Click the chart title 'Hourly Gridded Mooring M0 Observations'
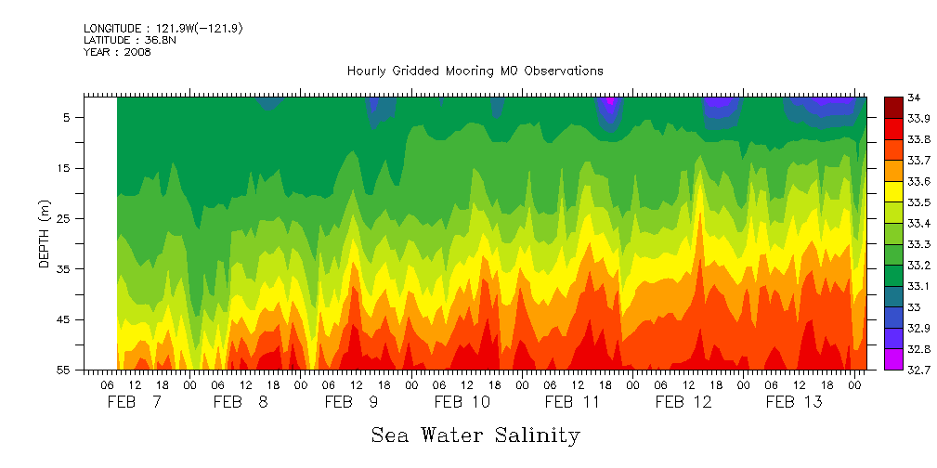[x=475, y=71]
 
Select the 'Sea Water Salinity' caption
[x=475, y=435]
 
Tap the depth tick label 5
[x=69, y=118]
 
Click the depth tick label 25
[x=66, y=219]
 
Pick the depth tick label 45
[x=66, y=319]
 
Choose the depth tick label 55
[x=66, y=370]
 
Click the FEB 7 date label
[x=135, y=402]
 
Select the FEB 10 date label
[x=462, y=402]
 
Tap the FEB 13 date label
[x=793, y=402]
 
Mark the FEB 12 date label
[x=683, y=402]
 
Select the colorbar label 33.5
[x=917, y=202]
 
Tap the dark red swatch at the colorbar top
[x=893, y=107]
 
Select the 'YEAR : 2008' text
[x=117, y=52]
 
